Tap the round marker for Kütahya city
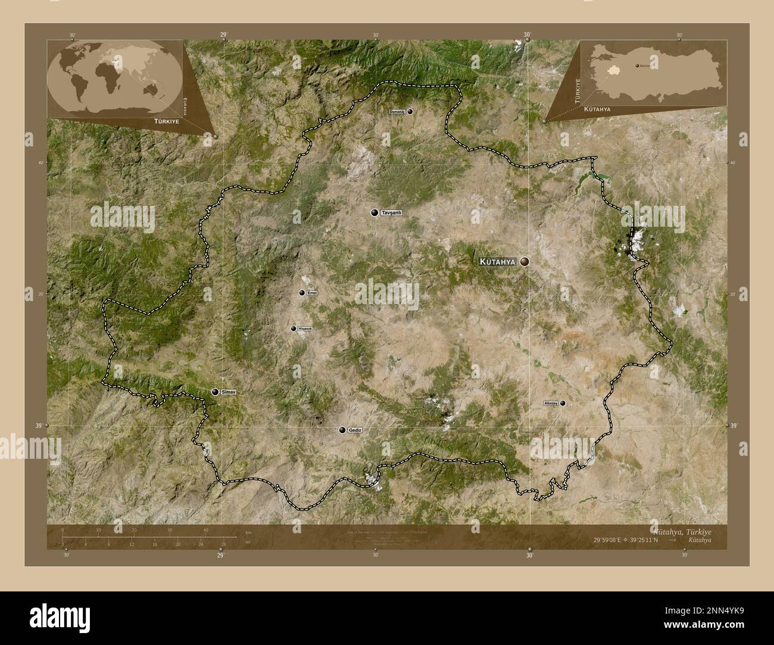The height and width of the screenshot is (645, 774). click(x=525, y=261)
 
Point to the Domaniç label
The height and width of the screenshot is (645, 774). click(x=397, y=111)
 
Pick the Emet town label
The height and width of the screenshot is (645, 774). click(x=313, y=292)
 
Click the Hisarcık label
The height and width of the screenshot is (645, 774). click(x=305, y=328)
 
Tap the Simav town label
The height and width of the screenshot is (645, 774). click(x=228, y=392)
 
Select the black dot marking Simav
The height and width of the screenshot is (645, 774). click(x=215, y=392)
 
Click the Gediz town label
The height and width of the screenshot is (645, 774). click(x=355, y=430)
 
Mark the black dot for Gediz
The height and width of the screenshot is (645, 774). click(x=342, y=430)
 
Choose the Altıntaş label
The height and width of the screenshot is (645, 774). click(x=550, y=403)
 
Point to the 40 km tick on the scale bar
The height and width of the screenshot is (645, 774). click(x=206, y=536)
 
